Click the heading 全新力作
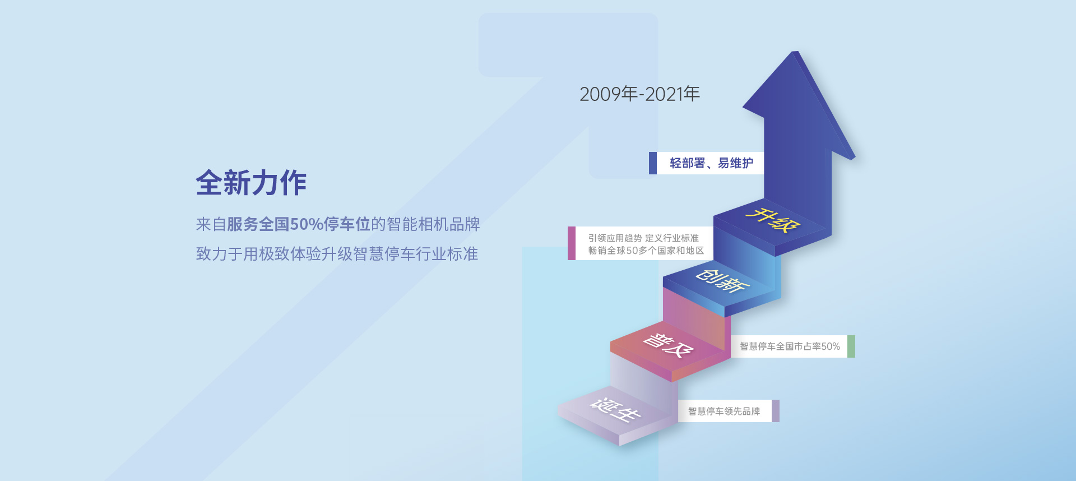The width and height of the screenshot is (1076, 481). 251,183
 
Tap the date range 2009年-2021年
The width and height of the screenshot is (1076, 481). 639,94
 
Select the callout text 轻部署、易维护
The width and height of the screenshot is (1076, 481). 711,163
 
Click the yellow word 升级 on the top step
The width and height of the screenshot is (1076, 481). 772,220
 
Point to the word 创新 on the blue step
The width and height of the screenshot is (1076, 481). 722,280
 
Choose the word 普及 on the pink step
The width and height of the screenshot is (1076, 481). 668,345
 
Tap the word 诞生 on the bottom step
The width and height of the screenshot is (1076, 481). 615,410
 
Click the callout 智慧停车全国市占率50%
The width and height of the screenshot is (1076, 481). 790,346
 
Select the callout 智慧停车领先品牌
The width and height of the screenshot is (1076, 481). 724,411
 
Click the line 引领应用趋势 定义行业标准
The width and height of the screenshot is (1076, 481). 643,238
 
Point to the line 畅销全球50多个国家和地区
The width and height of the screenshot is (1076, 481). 646,251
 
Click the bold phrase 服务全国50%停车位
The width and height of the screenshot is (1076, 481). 299,224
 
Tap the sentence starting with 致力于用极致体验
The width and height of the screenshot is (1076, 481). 337,254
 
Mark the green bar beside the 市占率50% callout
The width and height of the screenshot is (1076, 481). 851,346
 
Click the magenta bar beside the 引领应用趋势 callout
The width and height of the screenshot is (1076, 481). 572,243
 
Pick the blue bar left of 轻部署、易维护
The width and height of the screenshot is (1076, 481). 653,163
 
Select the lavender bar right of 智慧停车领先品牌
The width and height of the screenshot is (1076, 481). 776,411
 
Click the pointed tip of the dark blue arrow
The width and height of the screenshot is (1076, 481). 794,52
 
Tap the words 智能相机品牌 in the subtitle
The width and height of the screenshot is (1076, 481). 433,224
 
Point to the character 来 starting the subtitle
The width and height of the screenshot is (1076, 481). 203,224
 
